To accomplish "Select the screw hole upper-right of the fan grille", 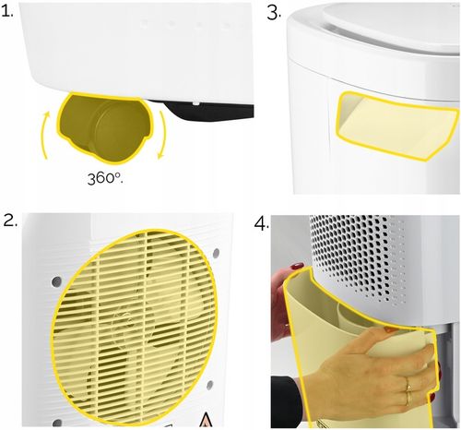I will (x=214, y=252).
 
